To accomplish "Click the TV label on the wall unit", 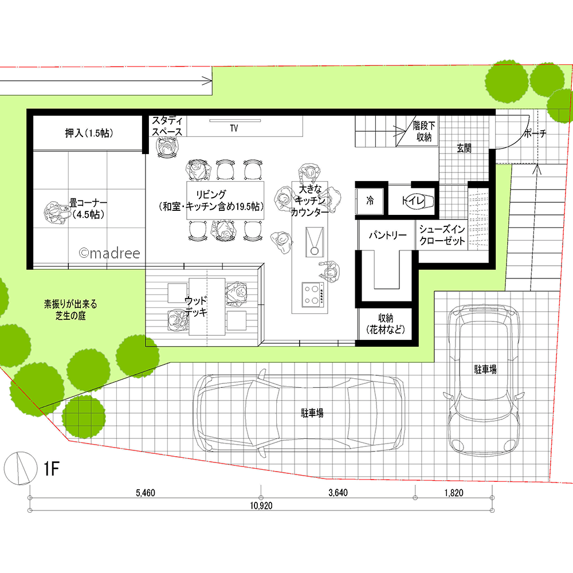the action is click(x=234, y=128).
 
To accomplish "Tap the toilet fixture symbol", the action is click(x=420, y=201).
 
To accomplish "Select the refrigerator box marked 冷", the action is click(x=370, y=201).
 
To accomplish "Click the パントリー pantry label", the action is click(x=387, y=235).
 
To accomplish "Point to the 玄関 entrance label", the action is click(x=464, y=148).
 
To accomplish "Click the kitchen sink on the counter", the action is click(x=314, y=242).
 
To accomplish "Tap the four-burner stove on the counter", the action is click(x=313, y=295).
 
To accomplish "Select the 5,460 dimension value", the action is click(x=146, y=493).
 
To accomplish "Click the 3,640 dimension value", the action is click(x=338, y=493).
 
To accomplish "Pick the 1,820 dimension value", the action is click(x=454, y=493).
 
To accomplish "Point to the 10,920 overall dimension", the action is click(x=261, y=506).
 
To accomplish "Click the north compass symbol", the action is click(x=21, y=469).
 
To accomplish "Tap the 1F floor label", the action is click(x=52, y=469).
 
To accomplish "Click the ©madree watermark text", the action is click(x=109, y=253).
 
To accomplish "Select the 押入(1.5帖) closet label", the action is click(x=89, y=133).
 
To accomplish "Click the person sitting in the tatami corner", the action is click(x=57, y=213).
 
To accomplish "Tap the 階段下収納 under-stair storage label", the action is click(x=424, y=132).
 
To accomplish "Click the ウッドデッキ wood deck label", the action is click(x=196, y=307).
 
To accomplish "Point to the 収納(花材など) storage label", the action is click(x=386, y=324).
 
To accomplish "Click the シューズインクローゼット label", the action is click(x=442, y=235).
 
